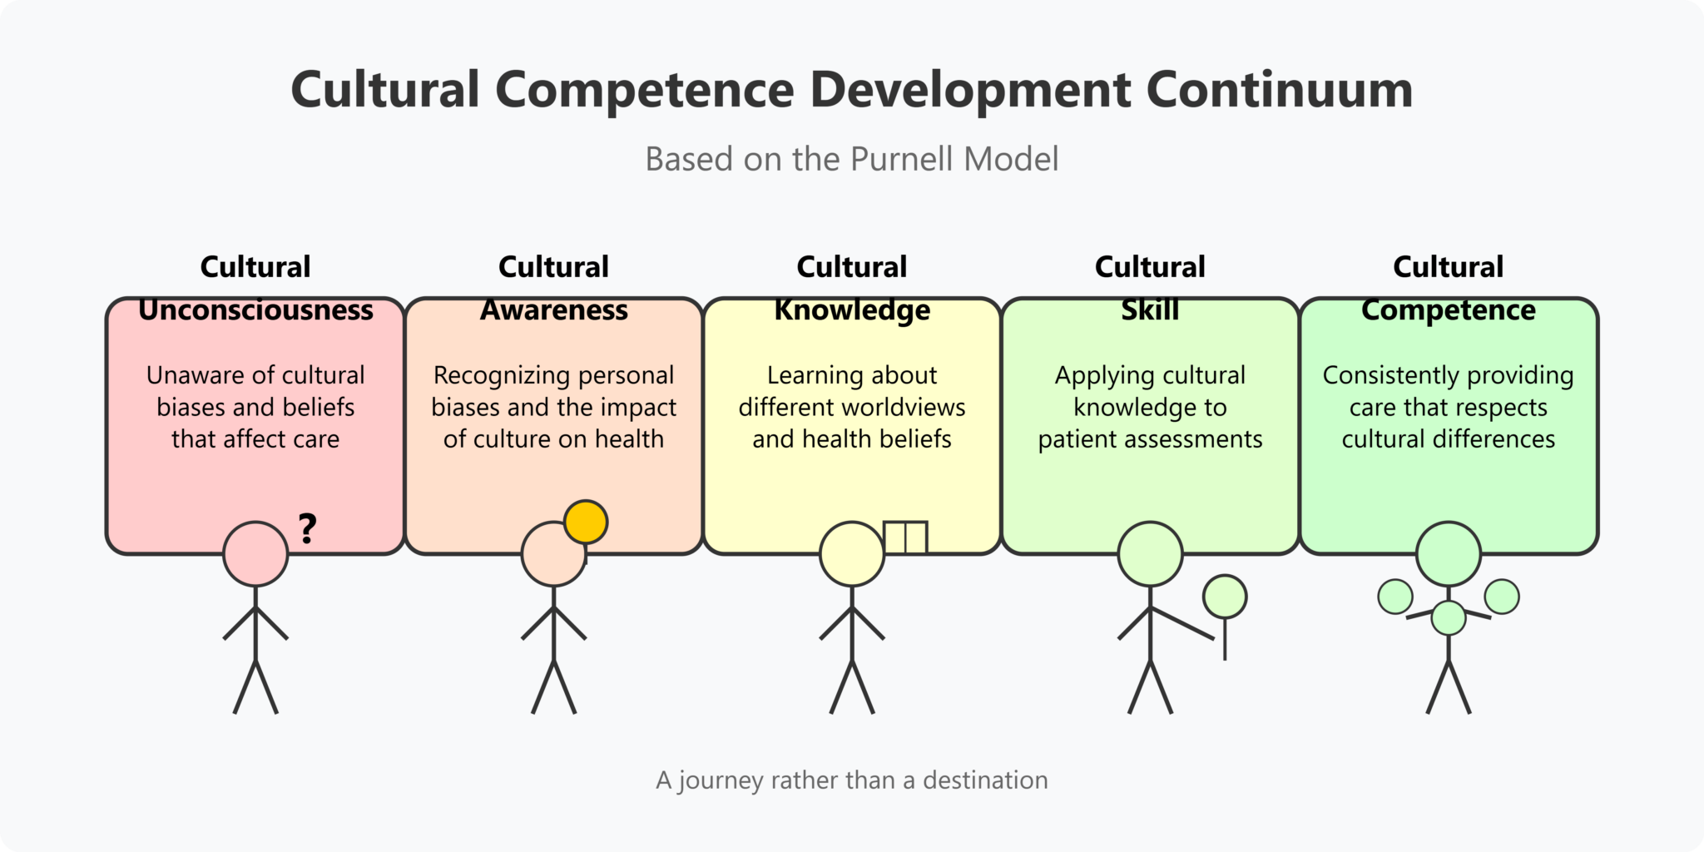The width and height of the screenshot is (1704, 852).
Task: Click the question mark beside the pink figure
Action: (308, 529)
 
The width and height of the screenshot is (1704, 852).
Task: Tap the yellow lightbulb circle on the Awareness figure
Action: (586, 523)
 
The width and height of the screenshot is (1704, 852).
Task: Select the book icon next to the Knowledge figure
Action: (905, 537)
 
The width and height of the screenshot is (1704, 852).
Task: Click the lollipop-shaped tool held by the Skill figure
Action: (1225, 597)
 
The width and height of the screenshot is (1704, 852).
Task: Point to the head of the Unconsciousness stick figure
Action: (255, 554)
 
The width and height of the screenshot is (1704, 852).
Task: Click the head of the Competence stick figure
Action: (1449, 554)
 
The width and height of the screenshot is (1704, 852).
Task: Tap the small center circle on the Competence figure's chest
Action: (1449, 618)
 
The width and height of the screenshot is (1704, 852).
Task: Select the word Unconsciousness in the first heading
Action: (255, 310)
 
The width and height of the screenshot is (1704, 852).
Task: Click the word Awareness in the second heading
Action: (554, 310)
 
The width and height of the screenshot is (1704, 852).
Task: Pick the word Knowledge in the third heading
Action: (852, 310)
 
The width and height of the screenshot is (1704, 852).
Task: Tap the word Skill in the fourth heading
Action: (1150, 310)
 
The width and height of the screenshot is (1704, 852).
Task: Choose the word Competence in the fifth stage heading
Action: (1449, 310)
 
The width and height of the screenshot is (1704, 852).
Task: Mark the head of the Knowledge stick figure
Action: (852, 554)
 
